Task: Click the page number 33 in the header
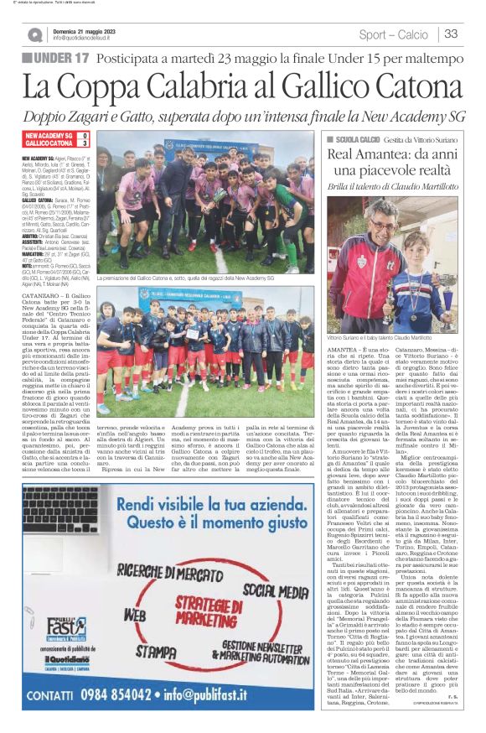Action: click(x=450, y=34)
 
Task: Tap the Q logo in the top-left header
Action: click(x=34, y=34)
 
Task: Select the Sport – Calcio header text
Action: click(x=393, y=34)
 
